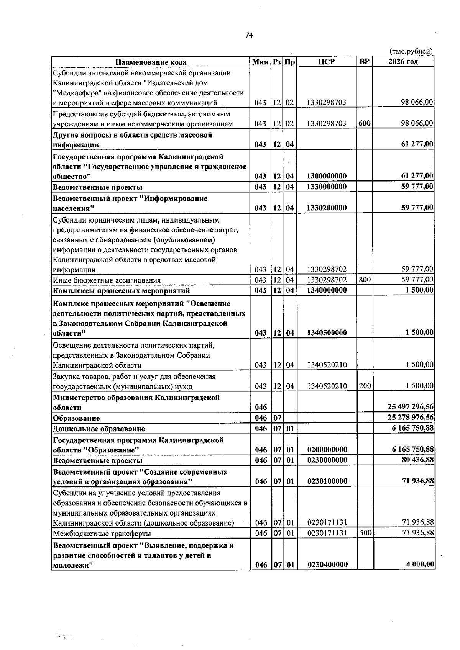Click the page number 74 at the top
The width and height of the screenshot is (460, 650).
(249, 35)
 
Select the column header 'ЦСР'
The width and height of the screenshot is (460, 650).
(327, 62)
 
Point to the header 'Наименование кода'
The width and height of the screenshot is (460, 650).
(151, 62)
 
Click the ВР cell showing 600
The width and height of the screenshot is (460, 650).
(365, 123)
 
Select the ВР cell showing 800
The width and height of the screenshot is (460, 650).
(365, 280)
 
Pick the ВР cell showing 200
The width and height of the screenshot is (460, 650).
(365, 386)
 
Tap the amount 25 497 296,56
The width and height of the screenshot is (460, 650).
(411, 407)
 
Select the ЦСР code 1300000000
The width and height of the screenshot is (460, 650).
(327, 176)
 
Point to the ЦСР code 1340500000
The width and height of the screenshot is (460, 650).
(327, 333)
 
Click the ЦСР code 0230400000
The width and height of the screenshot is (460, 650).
(327, 565)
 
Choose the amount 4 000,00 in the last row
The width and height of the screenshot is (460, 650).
(420, 564)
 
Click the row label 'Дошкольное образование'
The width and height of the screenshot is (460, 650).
(99, 429)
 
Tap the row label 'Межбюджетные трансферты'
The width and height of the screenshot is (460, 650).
(102, 534)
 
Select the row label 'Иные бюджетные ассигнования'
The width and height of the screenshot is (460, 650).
(107, 280)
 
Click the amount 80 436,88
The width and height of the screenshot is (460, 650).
(417, 460)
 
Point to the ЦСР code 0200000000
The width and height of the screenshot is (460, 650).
(327, 450)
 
